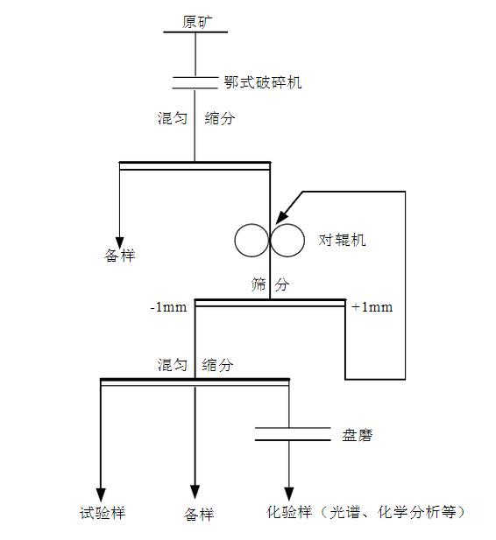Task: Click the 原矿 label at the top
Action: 195,22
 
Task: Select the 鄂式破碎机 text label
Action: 262,83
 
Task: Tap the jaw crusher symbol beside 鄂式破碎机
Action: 195,83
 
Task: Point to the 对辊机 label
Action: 342,240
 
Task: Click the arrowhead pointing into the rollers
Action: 280,216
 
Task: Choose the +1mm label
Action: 372,307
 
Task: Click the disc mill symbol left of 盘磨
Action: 289,435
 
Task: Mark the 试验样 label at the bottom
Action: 103,513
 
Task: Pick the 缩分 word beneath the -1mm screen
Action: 217,365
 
